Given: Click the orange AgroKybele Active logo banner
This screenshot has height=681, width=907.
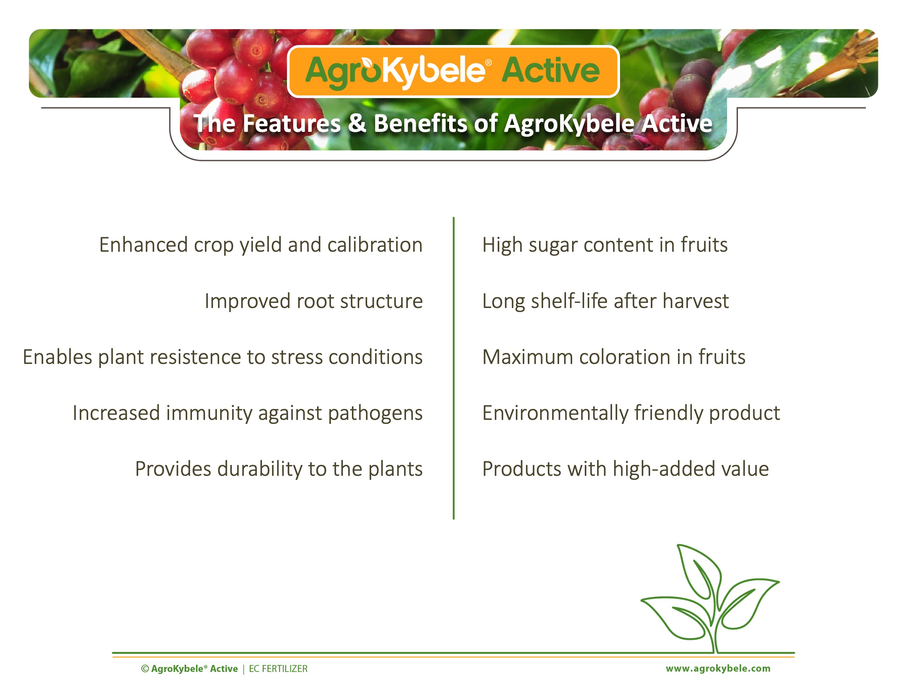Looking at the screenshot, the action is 453,72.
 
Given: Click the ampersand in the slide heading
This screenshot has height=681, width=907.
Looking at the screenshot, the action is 357,123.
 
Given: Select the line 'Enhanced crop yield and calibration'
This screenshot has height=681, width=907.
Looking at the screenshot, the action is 261,245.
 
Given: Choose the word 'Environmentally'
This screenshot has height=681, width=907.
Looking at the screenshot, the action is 555,413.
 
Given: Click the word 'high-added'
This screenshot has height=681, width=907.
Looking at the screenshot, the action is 660,469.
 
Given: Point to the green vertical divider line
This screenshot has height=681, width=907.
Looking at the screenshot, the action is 453,368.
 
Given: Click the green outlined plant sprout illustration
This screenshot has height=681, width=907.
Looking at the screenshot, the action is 710,599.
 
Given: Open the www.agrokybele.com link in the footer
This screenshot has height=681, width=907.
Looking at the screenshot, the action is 718,669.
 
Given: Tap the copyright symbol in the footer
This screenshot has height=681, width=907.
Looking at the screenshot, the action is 145,669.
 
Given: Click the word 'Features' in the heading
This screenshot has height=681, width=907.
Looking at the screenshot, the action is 292,123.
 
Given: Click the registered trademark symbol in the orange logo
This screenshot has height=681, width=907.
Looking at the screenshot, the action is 488,63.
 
